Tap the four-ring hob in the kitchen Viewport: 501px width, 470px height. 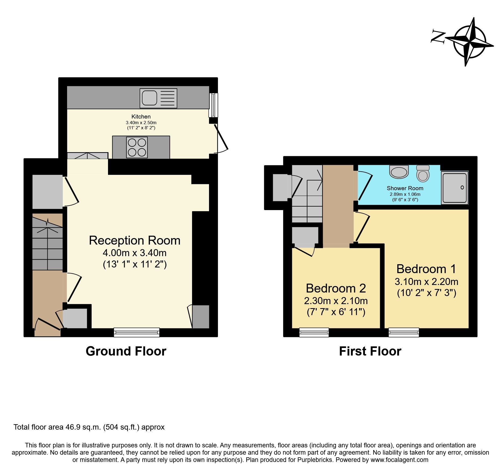point(137,147)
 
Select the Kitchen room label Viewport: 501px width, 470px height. point(141,117)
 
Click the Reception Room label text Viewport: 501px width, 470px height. point(135,241)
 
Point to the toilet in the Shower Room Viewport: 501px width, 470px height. point(423,174)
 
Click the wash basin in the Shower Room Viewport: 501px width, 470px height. point(399,172)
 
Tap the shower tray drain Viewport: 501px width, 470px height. point(462,187)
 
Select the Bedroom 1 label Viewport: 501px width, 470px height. point(426,269)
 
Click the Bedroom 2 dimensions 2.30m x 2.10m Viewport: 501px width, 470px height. point(336,301)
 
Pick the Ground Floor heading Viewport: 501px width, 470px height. point(126,351)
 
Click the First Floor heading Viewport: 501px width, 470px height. point(370,351)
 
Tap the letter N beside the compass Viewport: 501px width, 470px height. point(438,37)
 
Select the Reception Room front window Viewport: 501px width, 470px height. point(137,332)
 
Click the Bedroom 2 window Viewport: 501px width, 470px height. point(314,332)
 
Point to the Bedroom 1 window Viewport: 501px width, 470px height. point(404,332)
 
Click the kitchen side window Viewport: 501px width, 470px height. point(213,105)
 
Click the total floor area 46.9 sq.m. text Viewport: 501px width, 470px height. point(89,427)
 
